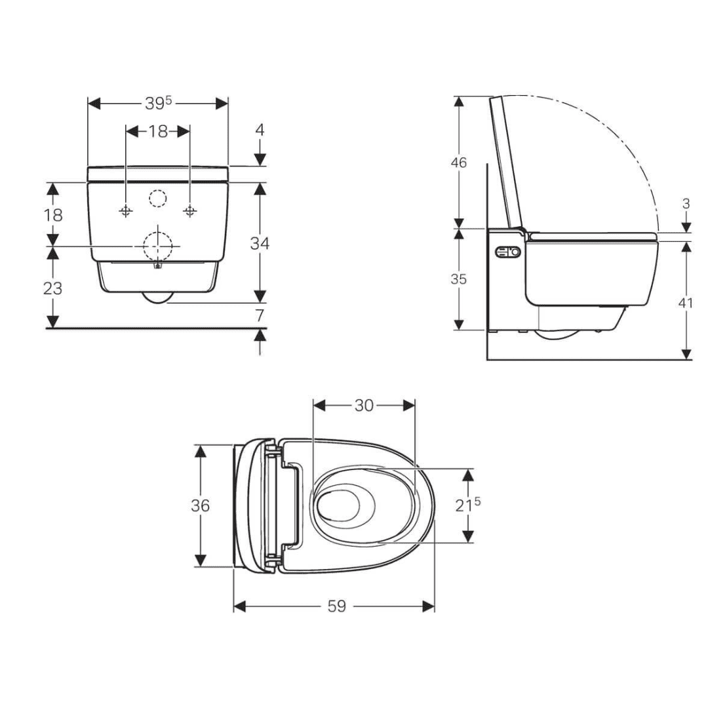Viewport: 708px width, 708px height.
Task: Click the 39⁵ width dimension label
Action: click(x=158, y=104)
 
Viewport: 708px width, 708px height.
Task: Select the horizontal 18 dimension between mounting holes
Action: click(x=158, y=131)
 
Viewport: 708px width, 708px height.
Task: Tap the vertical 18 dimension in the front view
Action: click(x=53, y=214)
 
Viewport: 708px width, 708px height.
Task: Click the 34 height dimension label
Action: click(x=260, y=243)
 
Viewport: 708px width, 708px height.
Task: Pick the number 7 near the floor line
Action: click(x=260, y=315)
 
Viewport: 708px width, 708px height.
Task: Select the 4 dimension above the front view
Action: click(x=260, y=130)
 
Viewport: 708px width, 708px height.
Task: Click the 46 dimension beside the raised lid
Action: click(x=459, y=162)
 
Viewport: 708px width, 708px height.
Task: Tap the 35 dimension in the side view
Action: click(x=459, y=279)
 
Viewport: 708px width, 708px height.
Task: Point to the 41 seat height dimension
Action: click(x=686, y=302)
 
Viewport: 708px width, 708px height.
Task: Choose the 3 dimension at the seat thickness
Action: click(x=686, y=204)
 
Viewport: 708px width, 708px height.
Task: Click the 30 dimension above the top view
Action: click(x=364, y=406)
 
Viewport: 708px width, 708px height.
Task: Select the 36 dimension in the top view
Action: click(x=201, y=505)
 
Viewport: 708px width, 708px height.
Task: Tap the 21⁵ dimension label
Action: click(x=468, y=505)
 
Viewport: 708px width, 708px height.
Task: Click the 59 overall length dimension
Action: click(x=336, y=606)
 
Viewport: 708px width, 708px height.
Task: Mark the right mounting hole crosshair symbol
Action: click(x=190, y=210)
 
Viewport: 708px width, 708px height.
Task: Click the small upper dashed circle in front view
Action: click(x=158, y=197)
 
